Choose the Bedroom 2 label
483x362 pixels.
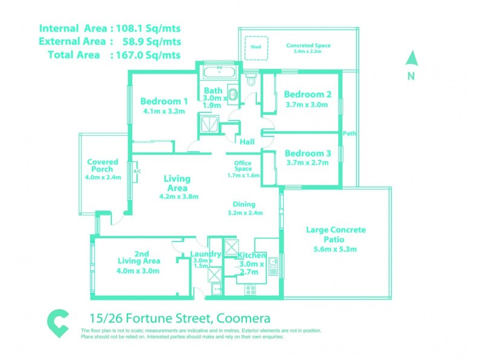pyautogui.click(x=308, y=94)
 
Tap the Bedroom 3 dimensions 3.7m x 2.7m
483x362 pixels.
pyautogui.click(x=307, y=162)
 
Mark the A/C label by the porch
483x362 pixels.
pyautogui.click(x=136, y=171)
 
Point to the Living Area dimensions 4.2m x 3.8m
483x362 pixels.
pyautogui.click(x=179, y=196)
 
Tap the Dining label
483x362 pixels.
pyautogui.click(x=245, y=204)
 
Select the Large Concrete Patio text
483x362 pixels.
pyautogui.click(x=336, y=235)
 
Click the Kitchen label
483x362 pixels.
pyautogui.click(x=251, y=256)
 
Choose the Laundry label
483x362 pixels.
pyautogui.click(x=203, y=255)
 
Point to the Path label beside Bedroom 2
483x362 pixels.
pyautogui.click(x=349, y=133)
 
